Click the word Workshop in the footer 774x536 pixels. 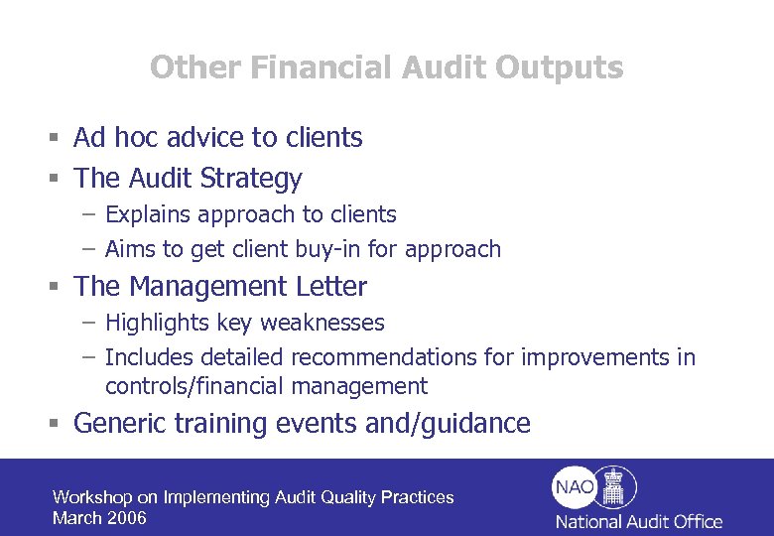click(92, 497)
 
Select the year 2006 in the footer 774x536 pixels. click(128, 518)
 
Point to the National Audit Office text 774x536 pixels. click(638, 521)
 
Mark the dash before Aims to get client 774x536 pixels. click(89, 249)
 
